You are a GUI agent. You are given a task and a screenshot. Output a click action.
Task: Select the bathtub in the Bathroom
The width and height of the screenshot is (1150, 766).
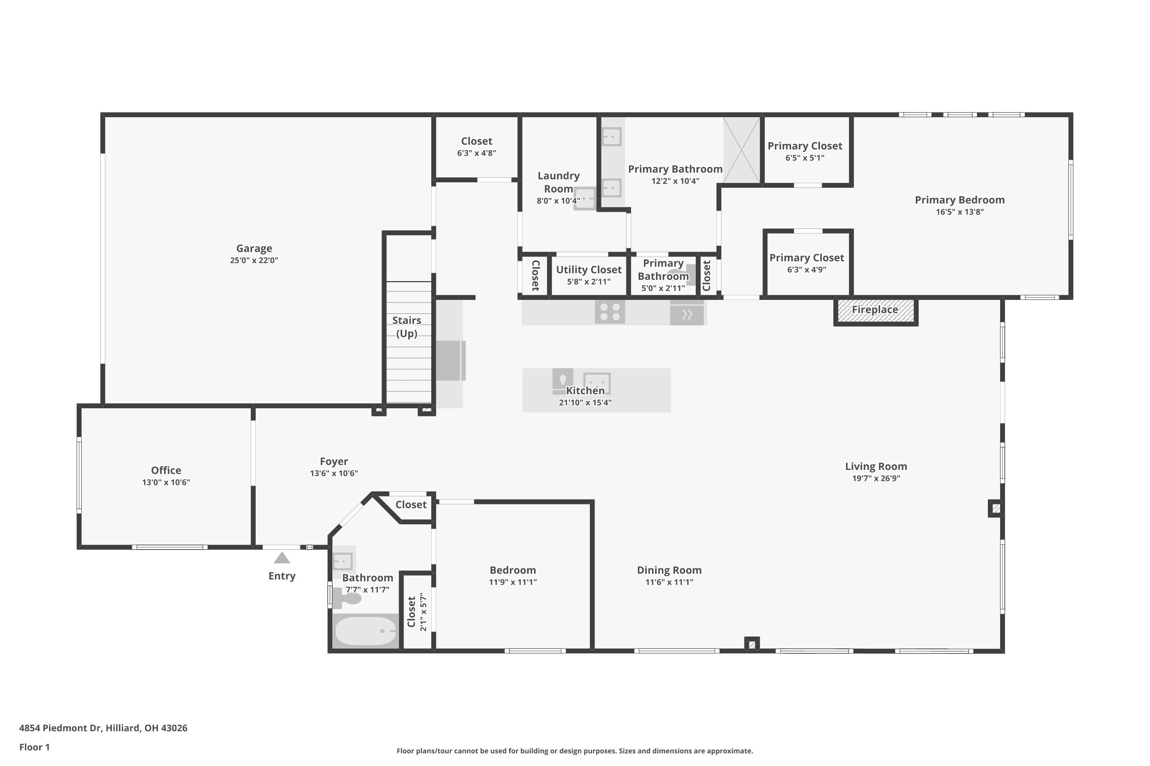(365, 631)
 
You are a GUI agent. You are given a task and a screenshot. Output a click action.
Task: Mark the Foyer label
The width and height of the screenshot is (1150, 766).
(334, 461)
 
